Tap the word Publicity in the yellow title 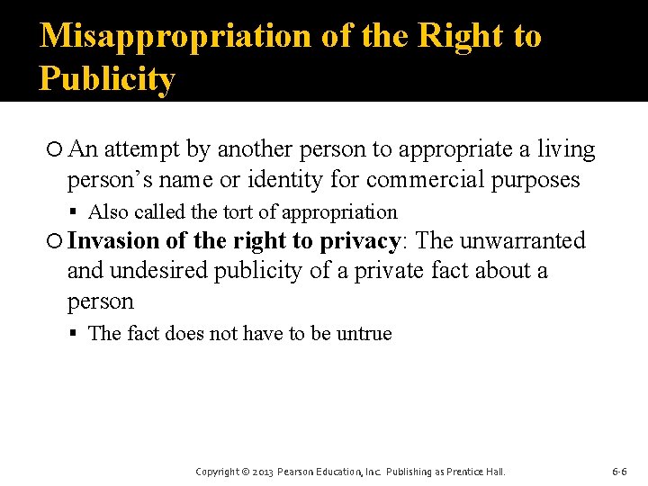coord(106,79)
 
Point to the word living coord(565,148)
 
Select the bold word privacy coord(360,240)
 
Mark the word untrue coord(364,334)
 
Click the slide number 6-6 coord(619,472)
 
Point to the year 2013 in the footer coord(262,472)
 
